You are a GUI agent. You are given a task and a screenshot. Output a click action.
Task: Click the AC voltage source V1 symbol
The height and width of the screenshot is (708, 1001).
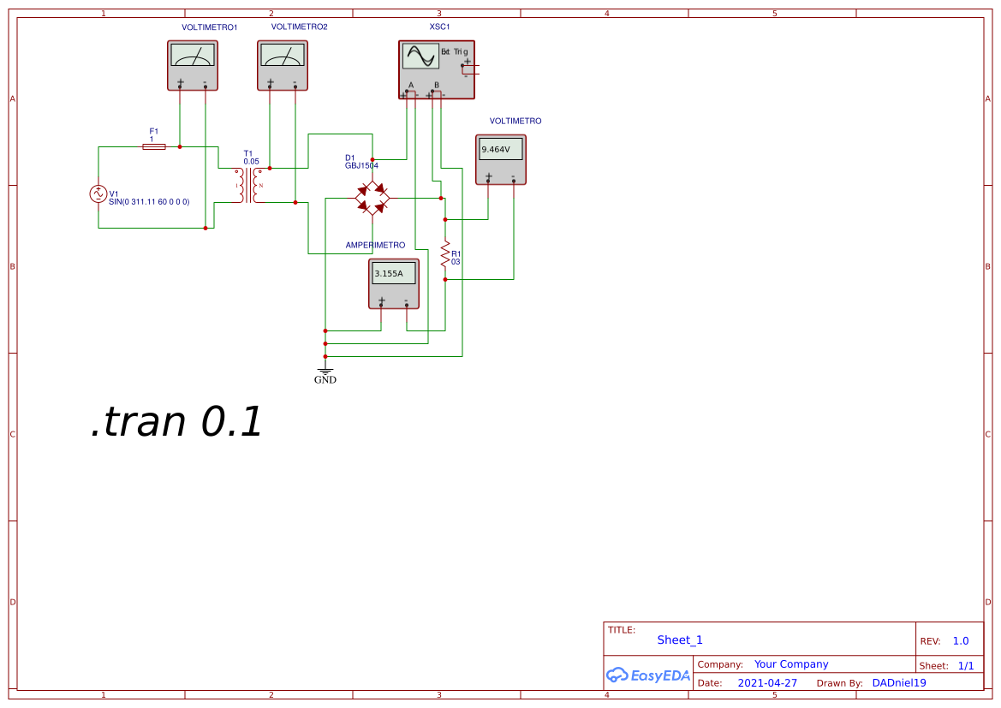click(x=98, y=194)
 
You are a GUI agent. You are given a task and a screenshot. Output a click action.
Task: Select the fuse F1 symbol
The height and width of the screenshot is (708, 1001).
click(x=153, y=147)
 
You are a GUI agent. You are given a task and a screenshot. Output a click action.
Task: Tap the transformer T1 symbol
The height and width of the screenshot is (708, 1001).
click(x=249, y=185)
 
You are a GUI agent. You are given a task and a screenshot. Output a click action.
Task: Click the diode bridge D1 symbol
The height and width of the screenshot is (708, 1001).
click(x=372, y=199)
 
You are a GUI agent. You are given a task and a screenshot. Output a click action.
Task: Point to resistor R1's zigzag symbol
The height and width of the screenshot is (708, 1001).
click(x=445, y=253)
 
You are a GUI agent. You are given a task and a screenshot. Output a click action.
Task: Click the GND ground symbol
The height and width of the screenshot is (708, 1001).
click(x=325, y=373)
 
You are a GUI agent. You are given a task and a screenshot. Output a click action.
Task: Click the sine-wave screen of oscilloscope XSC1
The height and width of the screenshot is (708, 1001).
click(x=421, y=57)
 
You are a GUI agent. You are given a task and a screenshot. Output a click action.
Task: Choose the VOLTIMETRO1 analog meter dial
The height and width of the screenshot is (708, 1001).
click(x=193, y=56)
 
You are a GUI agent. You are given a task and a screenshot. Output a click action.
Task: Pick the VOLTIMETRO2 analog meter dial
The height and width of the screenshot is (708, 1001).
click(x=283, y=56)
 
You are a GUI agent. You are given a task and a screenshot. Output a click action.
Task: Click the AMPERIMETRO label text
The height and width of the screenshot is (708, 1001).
click(x=375, y=246)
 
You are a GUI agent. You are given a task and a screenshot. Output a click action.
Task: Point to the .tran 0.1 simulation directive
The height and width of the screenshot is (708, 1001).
click(x=176, y=423)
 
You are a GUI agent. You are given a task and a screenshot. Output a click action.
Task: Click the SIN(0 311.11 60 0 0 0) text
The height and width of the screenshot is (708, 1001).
click(x=149, y=201)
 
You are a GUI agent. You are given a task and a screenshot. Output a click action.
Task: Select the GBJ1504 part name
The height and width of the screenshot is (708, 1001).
click(x=361, y=165)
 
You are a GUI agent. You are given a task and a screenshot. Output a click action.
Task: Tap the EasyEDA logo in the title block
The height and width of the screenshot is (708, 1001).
click(x=648, y=675)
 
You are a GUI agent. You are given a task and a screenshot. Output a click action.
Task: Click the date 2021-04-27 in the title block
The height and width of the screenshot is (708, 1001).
click(x=767, y=683)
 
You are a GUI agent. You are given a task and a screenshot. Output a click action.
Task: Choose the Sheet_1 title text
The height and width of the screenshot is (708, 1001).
click(x=680, y=640)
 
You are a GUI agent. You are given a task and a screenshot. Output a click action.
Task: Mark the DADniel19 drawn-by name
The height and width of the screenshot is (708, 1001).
click(x=899, y=683)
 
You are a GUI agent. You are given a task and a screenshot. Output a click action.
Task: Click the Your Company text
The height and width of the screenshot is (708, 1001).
click(x=791, y=664)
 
